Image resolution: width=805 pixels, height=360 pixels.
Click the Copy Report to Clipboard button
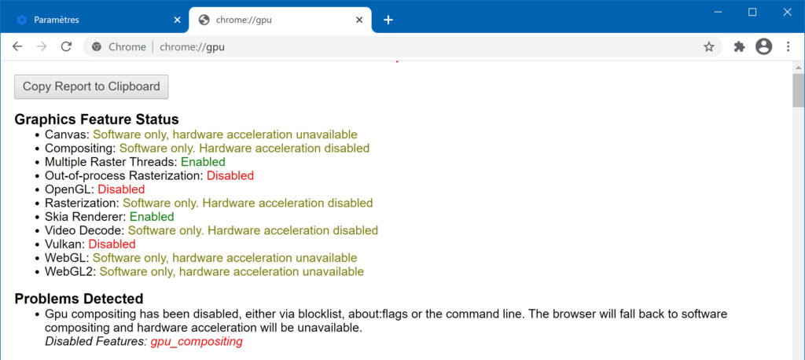click(91, 86)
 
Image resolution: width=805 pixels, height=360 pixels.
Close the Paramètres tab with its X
click(177, 20)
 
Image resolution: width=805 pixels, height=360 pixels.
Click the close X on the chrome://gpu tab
click(359, 20)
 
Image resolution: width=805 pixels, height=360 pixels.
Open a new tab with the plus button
click(388, 20)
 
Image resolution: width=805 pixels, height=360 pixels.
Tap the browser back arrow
click(17, 46)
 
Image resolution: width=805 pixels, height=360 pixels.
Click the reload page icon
click(66, 46)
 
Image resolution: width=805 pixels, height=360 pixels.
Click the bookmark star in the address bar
click(709, 46)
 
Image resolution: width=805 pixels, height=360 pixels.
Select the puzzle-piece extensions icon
click(739, 46)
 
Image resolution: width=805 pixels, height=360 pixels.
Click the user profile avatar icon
click(764, 46)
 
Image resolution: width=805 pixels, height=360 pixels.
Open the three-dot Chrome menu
click(788, 46)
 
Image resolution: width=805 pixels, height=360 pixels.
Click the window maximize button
click(752, 13)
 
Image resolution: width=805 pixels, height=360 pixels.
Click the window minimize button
click(719, 13)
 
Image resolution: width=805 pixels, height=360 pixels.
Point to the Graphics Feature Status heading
click(97, 119)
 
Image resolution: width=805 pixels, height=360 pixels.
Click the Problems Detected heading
click(79, 299)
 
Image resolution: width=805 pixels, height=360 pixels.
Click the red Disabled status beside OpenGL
click(121, 189)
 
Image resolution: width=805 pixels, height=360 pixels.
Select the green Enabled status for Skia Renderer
click(152, 216)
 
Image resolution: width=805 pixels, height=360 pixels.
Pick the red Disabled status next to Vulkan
click(112, 244)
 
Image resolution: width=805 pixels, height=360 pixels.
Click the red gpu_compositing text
click(196, 341)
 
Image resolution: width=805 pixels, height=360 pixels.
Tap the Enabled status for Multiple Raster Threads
click(203, 162)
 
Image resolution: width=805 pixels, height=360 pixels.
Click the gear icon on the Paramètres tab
click(21, 20)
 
